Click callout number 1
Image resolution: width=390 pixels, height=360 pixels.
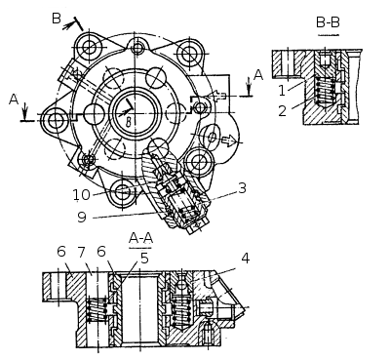pyautogui.click(x=282, y=90)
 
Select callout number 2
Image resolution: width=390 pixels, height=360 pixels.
pyautogui.click(x=283, y=111)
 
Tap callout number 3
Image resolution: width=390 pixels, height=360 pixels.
pyautogui.click(x=242, y=188)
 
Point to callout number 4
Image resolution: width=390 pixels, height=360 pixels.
pyautogui.click(x=246, y=258)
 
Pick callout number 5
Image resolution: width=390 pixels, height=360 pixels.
pyautogui.click(x=144, y=258)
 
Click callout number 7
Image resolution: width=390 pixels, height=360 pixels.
pyautogui.click(x=81, y=252)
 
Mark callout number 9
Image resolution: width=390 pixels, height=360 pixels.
pyautogui.click(x=82, y=217)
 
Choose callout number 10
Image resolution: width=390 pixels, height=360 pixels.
pyautogui.click(x=81, y=194)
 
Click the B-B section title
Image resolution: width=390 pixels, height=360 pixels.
pyautogui.click(x=328, y=22)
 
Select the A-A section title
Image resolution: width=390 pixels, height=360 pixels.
pyautogui.click(x=140, y=238)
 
